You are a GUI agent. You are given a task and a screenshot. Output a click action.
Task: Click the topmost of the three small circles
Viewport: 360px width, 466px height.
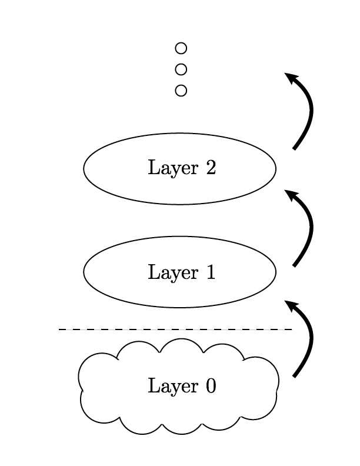coord(181,48)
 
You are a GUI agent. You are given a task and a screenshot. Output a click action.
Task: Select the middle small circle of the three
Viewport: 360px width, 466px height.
coord(181,69)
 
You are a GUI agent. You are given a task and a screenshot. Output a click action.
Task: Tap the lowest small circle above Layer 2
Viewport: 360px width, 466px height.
coord(181,91)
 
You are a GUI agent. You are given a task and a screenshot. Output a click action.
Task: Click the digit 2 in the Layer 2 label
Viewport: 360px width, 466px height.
coord(211,168)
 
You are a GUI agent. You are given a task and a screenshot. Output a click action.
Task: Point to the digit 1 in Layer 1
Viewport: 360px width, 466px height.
coord(211,273)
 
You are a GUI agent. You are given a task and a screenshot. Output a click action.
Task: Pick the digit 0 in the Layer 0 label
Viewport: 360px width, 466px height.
coord(211,387)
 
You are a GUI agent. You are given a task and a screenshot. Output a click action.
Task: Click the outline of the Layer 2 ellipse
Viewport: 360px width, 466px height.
coord(180,134)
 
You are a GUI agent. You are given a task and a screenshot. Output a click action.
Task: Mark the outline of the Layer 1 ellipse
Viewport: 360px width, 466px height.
coord(180,237)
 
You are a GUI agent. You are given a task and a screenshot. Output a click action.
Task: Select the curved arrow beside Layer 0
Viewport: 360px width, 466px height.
coord(311,341)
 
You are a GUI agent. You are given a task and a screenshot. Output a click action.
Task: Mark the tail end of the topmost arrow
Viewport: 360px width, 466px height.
coord(295,148)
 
